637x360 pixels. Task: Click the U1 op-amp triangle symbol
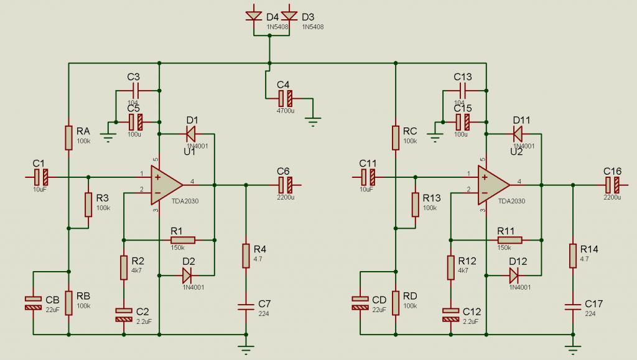165,185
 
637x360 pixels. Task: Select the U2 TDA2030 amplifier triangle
493,185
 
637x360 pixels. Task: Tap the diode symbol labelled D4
254,16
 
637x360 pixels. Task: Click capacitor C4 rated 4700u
285,98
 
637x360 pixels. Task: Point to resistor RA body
68,138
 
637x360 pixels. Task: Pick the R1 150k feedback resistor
183,240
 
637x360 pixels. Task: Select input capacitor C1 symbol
40,177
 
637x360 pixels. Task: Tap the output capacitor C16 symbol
612,185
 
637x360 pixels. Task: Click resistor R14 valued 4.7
573,256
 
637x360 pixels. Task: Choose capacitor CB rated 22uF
34,303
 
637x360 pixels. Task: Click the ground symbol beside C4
312,121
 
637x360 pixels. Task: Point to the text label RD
410,297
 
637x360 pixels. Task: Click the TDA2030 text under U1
185,201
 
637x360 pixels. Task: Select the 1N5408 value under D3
313,27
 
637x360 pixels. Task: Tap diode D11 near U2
517,134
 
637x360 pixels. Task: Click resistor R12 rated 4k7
450,267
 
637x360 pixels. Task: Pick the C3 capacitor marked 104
135,90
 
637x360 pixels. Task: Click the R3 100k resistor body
88,205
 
